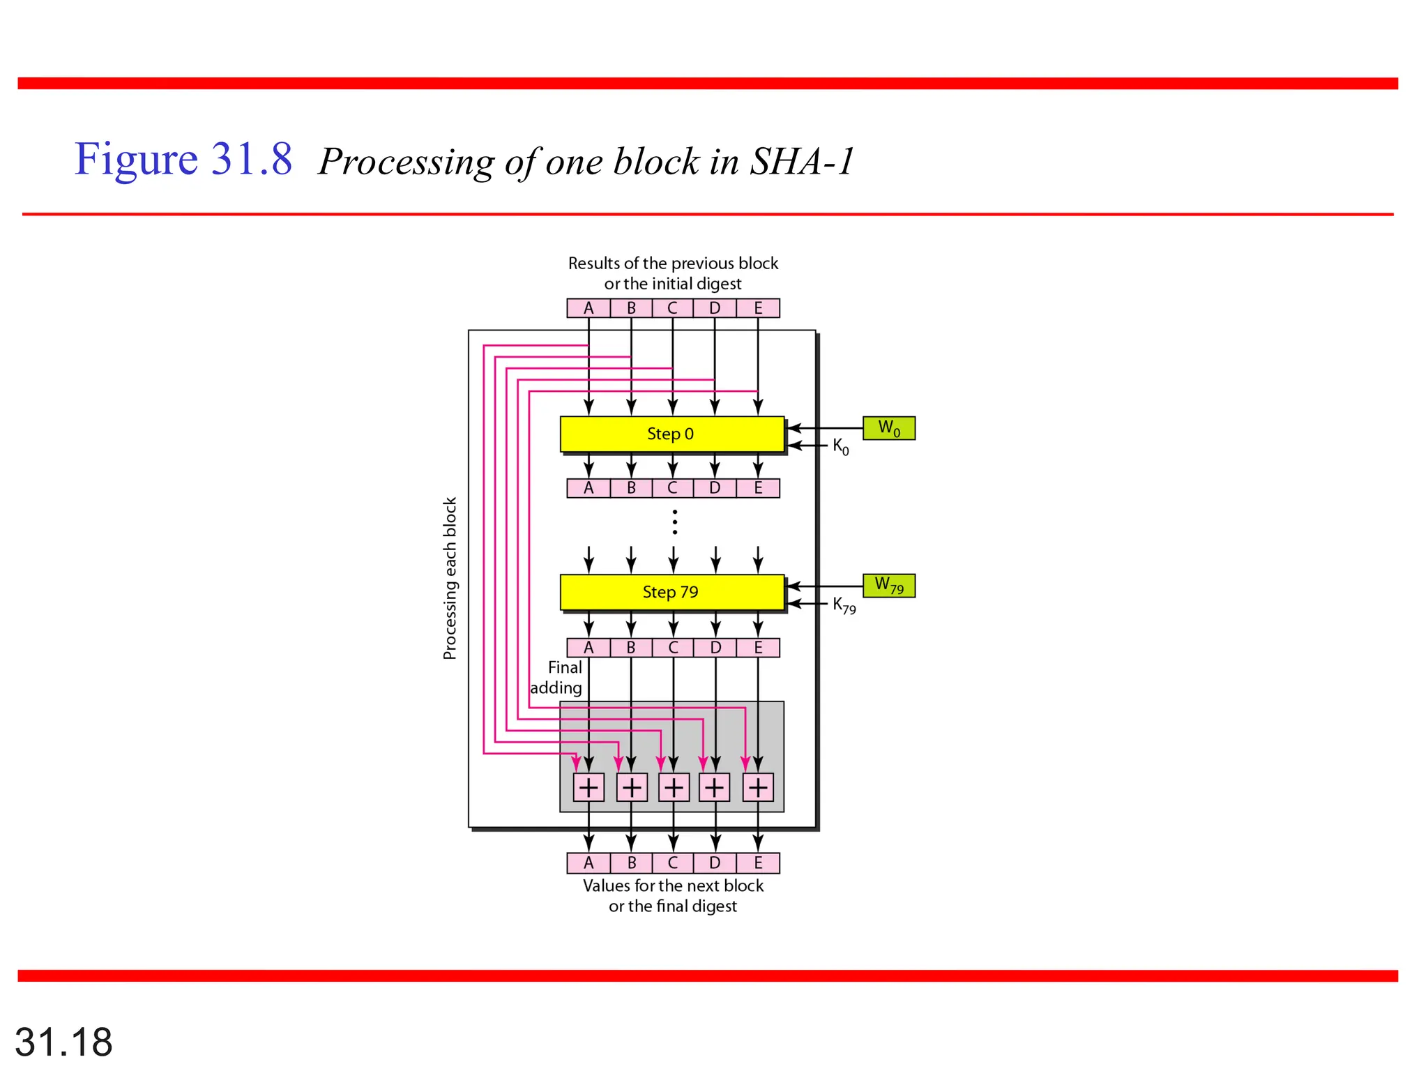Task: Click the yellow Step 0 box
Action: (x=671, y=434)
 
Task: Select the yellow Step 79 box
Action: (x=671, y=592)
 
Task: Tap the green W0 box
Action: (x=888, y=428)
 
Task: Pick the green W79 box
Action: (x=888, y=586)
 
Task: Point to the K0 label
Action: (x=841, y=446)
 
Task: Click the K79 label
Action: (x=844, y=605)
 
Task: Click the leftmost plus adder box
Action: (x=588, y=787)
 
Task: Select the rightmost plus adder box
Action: (x=758, y=787)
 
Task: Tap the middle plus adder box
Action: (x=674, y=787)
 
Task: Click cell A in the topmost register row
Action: (x=588, y=308)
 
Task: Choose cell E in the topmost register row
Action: (x=758, y=308)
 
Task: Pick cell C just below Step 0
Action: (x=673, y=488)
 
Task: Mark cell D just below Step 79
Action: (x=715, y=648)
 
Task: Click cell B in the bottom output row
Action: (x=631, y=863)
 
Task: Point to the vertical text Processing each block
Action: (x=450, y=578)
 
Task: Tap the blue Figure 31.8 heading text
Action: (x=183, y=159)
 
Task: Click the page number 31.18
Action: (x=63, y=1042)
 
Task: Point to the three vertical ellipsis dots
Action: (x=674, y=522)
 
